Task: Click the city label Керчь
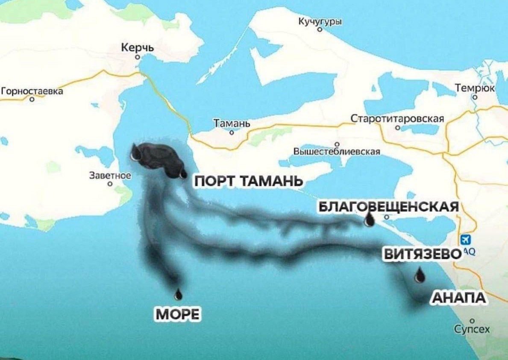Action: [x=138, y=48]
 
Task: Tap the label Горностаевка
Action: [x=32, y=91]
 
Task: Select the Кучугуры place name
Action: [x=320, y=22]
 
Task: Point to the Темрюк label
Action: [x=475, y=88]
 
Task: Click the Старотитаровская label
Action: [x=397, y=118]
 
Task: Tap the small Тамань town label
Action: [x=232, y=124]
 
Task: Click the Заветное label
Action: [x=110, y=176]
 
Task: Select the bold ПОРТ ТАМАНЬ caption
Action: [x=249, y=181]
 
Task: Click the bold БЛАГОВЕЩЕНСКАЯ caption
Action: [x=389, y=207]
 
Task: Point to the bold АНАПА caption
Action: [x=459, y=298]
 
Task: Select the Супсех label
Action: [x=472, y=329]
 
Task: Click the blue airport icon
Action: [x=466, y=240]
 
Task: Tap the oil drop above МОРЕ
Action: [x=178, y=294]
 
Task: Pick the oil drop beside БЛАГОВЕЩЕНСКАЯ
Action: [x=369, y=220]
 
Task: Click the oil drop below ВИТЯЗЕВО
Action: [x=420, y=275]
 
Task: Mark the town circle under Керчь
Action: [x=137, y=57]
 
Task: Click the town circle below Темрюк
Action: [x=474, y=97]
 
